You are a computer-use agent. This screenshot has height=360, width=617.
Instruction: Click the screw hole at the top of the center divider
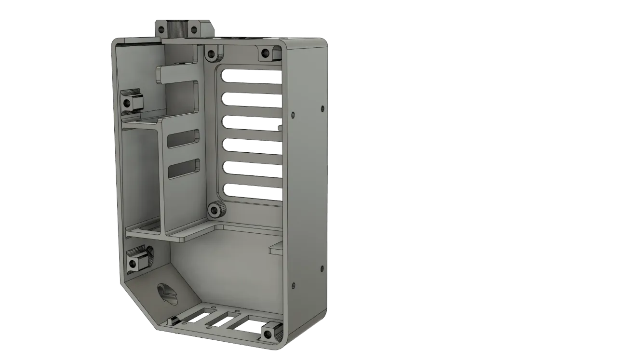coord(211,53)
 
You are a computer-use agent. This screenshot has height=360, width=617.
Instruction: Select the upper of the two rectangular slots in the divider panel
coord(183,138)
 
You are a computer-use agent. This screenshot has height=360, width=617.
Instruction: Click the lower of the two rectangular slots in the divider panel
coord(184,169)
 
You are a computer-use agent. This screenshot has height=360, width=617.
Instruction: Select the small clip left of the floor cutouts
coord(172,320)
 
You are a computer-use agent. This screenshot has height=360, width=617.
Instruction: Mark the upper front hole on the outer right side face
coord(293,115)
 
